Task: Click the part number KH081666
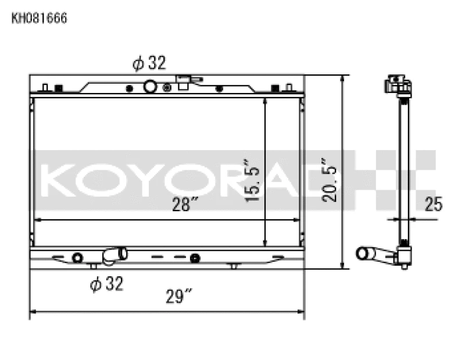(40, 18)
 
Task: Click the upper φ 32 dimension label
(149, 63)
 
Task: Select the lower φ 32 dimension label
(106, 284)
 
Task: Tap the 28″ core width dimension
(185, 204)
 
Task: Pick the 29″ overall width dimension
(178, 297)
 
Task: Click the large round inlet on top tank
(150, 87)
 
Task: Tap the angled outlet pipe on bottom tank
(115, 254)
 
